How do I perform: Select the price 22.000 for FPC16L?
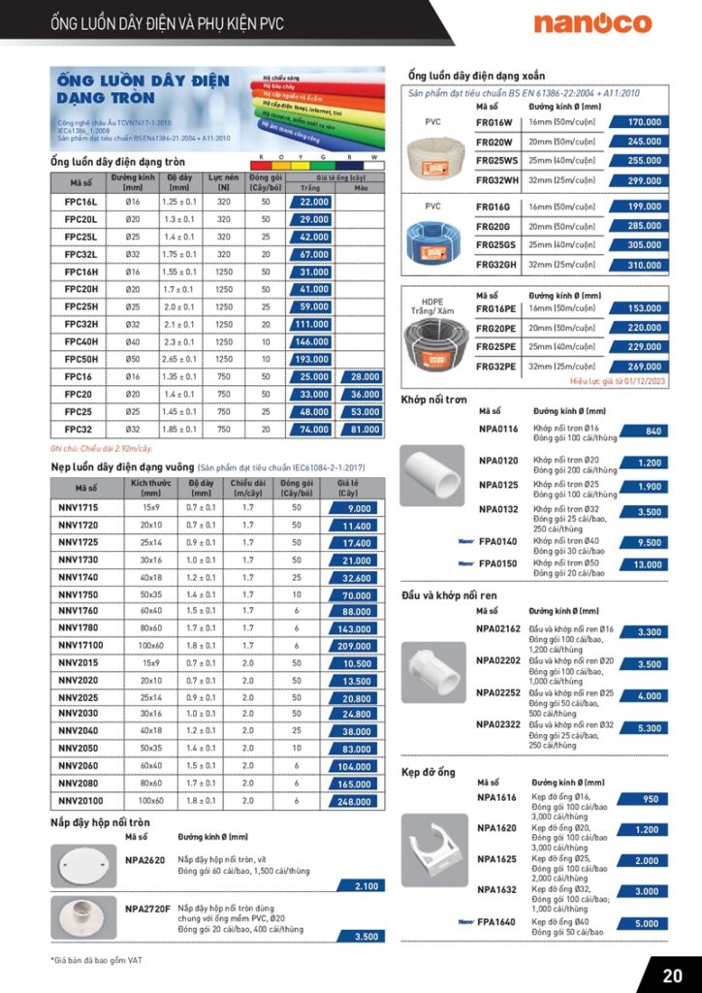tap(312, 202)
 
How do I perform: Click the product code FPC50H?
tap(81, 359)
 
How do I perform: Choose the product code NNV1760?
tap(80, 611)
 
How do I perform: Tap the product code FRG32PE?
tap(496, 367)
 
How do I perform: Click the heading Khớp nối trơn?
tap(434, 400)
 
